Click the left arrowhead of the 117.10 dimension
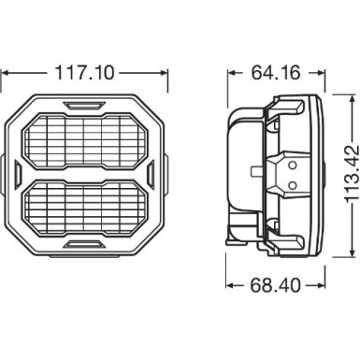click(x=7, y=72)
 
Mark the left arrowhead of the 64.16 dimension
click(x=230, y=72)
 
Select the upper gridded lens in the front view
click(x=84, y=138)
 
